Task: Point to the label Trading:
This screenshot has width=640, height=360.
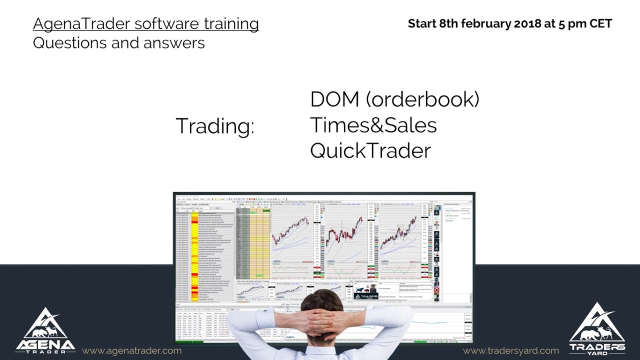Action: pos(215,126)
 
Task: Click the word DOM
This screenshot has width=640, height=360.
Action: pos(334,99)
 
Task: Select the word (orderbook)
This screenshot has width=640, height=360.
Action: pos(422,99)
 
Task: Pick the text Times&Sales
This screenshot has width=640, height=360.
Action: pos(373,125)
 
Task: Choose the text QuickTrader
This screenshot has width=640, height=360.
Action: pos(370,150)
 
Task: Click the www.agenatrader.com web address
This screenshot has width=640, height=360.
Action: pos(131,350)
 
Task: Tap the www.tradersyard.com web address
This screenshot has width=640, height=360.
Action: pos(511,350)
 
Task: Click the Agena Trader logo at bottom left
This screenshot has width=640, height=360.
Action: pos(45,330)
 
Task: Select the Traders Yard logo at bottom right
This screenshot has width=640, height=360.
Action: pos(597,328)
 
